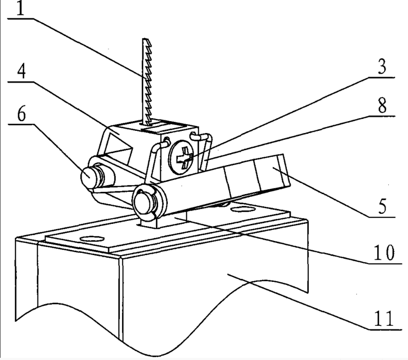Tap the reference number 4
(19, 74)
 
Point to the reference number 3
(383, 68)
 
